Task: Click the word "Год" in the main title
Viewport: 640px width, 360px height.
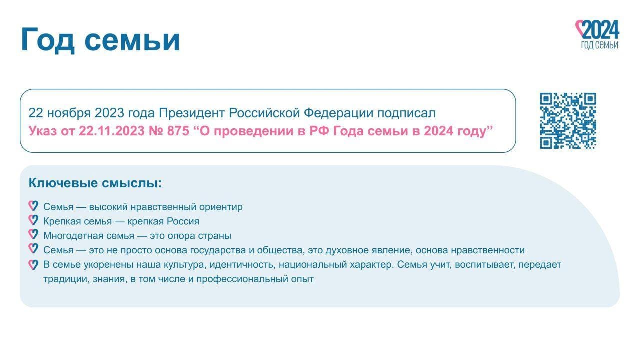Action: click(x=47, y=40)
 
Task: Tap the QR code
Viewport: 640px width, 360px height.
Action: click(x=568, y=121)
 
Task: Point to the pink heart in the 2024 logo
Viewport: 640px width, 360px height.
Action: click(x=580, y=28)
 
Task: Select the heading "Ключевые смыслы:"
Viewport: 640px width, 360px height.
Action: click(x=95, y=183)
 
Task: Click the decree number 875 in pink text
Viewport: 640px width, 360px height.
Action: click(x=178, y=131)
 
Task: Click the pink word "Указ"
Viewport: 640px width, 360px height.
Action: click(x=43, y=131)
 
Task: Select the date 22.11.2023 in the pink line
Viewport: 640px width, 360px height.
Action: click(x=111, y=131)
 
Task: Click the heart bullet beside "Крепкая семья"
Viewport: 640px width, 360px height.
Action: click(x=33, y=220)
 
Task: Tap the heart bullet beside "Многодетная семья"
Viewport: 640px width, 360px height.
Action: click(x=33, y=234)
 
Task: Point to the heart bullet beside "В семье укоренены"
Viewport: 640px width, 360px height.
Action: click(x=33, y=265)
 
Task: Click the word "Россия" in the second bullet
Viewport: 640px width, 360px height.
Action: click(x=183, y=221)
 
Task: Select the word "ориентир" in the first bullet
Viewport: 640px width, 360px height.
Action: click(x=221, y=207)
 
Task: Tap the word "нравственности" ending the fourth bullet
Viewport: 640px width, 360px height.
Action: click(x=488, y=250)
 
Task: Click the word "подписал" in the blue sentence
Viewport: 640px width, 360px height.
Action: click(x=407, y=113)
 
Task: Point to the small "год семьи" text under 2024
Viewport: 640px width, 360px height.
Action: click(x=599, y=45)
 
